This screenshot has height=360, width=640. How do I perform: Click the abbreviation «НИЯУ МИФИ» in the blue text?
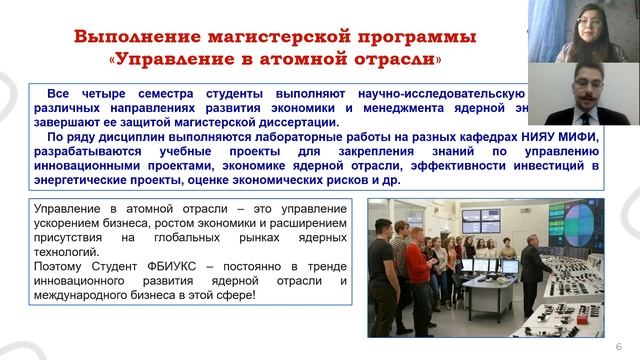(x=562, y=137)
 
